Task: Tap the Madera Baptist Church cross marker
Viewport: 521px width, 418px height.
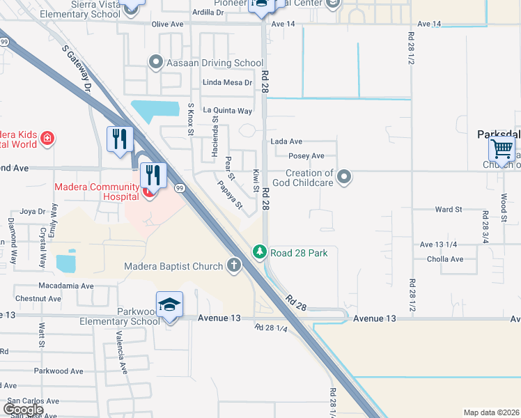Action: tap(233, 265)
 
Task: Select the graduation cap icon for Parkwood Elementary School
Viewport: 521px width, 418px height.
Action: tap(169, 306)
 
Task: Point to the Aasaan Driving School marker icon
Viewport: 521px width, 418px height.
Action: tap(155, 63)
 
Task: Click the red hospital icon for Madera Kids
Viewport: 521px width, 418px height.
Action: tap(47, 139)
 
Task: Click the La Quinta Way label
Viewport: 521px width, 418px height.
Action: tap(227, 110)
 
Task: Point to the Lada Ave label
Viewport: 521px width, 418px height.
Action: tap(286, 141)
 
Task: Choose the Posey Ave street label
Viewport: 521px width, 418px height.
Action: tap(306, 156)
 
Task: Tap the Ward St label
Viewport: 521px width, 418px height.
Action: tap(448, 209)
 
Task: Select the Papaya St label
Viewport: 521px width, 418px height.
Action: tap(229, 196)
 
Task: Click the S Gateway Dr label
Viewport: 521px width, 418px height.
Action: tap(77, 70)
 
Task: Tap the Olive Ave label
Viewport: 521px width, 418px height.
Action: tap(167, 24)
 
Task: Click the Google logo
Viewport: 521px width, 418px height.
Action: tap(24, 409)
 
